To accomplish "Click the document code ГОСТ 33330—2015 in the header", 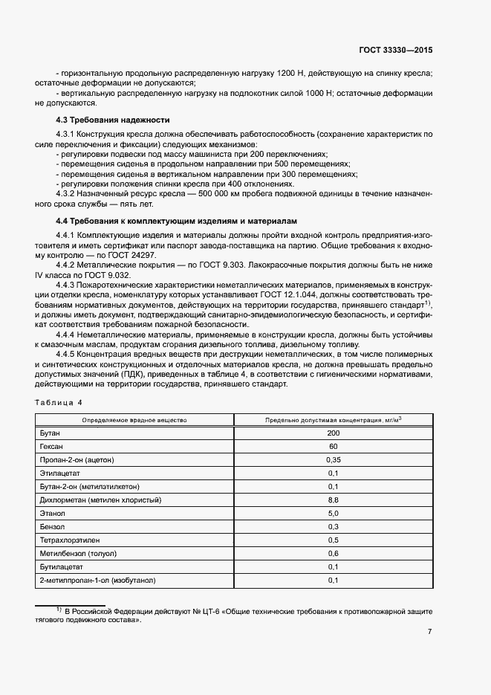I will [x=396, y=51].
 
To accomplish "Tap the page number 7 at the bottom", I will [x=429, y=632].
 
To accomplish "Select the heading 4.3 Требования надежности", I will [x=113, y=120].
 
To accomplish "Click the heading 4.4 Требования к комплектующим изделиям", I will [x=176, y=221].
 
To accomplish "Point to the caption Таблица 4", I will [x=59, y=402].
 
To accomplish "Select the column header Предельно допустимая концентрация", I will [x=333, y=420].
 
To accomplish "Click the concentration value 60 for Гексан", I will [x=333, y=446].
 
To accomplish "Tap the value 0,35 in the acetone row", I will [x=333, y=459].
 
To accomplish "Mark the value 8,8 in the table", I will [x=333, y=500].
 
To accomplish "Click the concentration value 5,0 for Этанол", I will [x=333, y=513].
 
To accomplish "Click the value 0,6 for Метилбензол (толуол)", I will [x=333, y=553].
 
